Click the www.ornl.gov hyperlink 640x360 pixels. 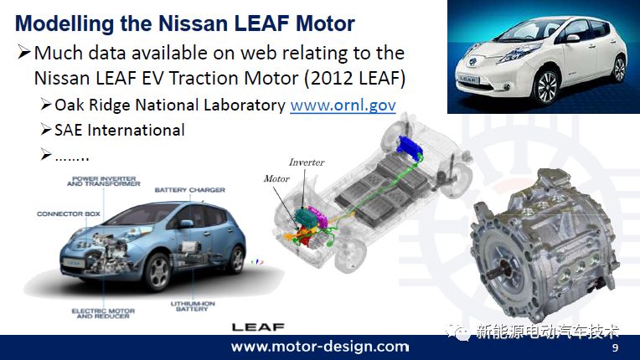[343, 105]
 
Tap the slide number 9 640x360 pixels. [615, 347]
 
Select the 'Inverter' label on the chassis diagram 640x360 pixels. [307, 162]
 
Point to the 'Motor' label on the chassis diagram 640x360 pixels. [276, 178]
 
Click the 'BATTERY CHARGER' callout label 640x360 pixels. [190, 190]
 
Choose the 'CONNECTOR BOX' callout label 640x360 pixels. [69, 213]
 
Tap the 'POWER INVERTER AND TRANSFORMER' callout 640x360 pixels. [104, 181]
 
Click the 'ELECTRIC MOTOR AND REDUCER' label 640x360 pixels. [103, 313]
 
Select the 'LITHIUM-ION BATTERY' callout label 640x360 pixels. [193, 306]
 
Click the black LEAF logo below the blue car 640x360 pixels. [258, 327]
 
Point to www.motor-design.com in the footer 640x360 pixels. [320, 347]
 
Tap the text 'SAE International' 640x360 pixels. [120, 130]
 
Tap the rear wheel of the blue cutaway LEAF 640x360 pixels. [236, 259]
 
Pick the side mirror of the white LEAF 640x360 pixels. [572, 39]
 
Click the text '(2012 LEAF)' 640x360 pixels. [354, 78]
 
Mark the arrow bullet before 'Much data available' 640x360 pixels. [24, 53]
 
